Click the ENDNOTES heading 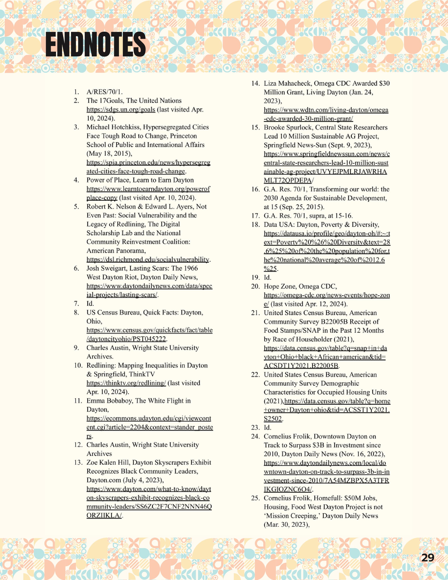(96, 44)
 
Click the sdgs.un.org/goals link (121, 109)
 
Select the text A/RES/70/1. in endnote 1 (105, 92)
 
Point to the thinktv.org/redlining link (126, 383)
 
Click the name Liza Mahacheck (287, 83)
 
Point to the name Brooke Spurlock (287, 127)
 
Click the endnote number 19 (255, 278)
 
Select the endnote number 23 (255, 428)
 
